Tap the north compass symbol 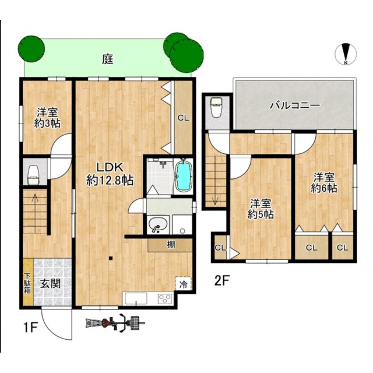tap(346, 54)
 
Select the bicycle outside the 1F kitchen tap(115, 322)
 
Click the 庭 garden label tap(108, 59)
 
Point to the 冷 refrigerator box tap(183, 284)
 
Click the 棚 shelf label tap(170, 245)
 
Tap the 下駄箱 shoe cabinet tap(28, 282)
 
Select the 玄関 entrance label tap(50, 283)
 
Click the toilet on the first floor tap(33, 175)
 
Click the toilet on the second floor tap(216, 107)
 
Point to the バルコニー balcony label tap(295, 105)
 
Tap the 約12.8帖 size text tap(110, 181)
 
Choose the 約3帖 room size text tap(47, 123)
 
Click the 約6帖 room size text tap(324, 188)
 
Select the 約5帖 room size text tap(261, 214)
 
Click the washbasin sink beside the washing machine tap(157, 225)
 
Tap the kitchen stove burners tap(165, 299)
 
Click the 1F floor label tap(31, 328)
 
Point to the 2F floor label tap(221, 281)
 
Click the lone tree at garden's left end tap(31, 49)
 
